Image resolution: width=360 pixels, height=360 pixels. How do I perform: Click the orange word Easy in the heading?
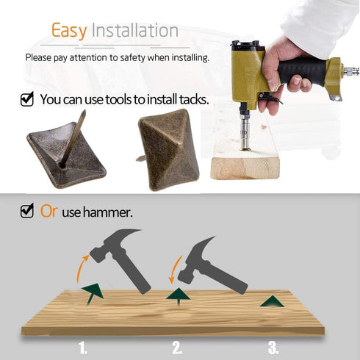pos(69,31)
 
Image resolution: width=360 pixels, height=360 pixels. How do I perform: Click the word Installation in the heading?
pos(135,31)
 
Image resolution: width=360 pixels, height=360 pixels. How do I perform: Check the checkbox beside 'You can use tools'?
pos(27,99)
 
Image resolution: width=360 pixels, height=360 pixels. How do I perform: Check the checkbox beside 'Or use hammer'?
pos(27,211)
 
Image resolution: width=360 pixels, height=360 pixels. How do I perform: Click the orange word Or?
pos(49,211)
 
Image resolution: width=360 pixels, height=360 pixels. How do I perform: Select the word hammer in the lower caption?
pos(108,212)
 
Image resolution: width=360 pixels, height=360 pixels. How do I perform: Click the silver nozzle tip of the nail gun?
pos(244,148)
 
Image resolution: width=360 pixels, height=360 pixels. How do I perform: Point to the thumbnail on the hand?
pos(297,81)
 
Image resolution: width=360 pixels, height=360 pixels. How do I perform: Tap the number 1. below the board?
pos(83,348)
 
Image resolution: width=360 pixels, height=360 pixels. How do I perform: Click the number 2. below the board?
pos(177,348)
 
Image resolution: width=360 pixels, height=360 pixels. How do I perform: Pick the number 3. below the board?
pos(273,348)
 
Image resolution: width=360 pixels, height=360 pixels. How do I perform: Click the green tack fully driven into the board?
pos(272,302)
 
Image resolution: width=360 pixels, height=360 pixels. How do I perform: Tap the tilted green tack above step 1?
pos(93,292)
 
